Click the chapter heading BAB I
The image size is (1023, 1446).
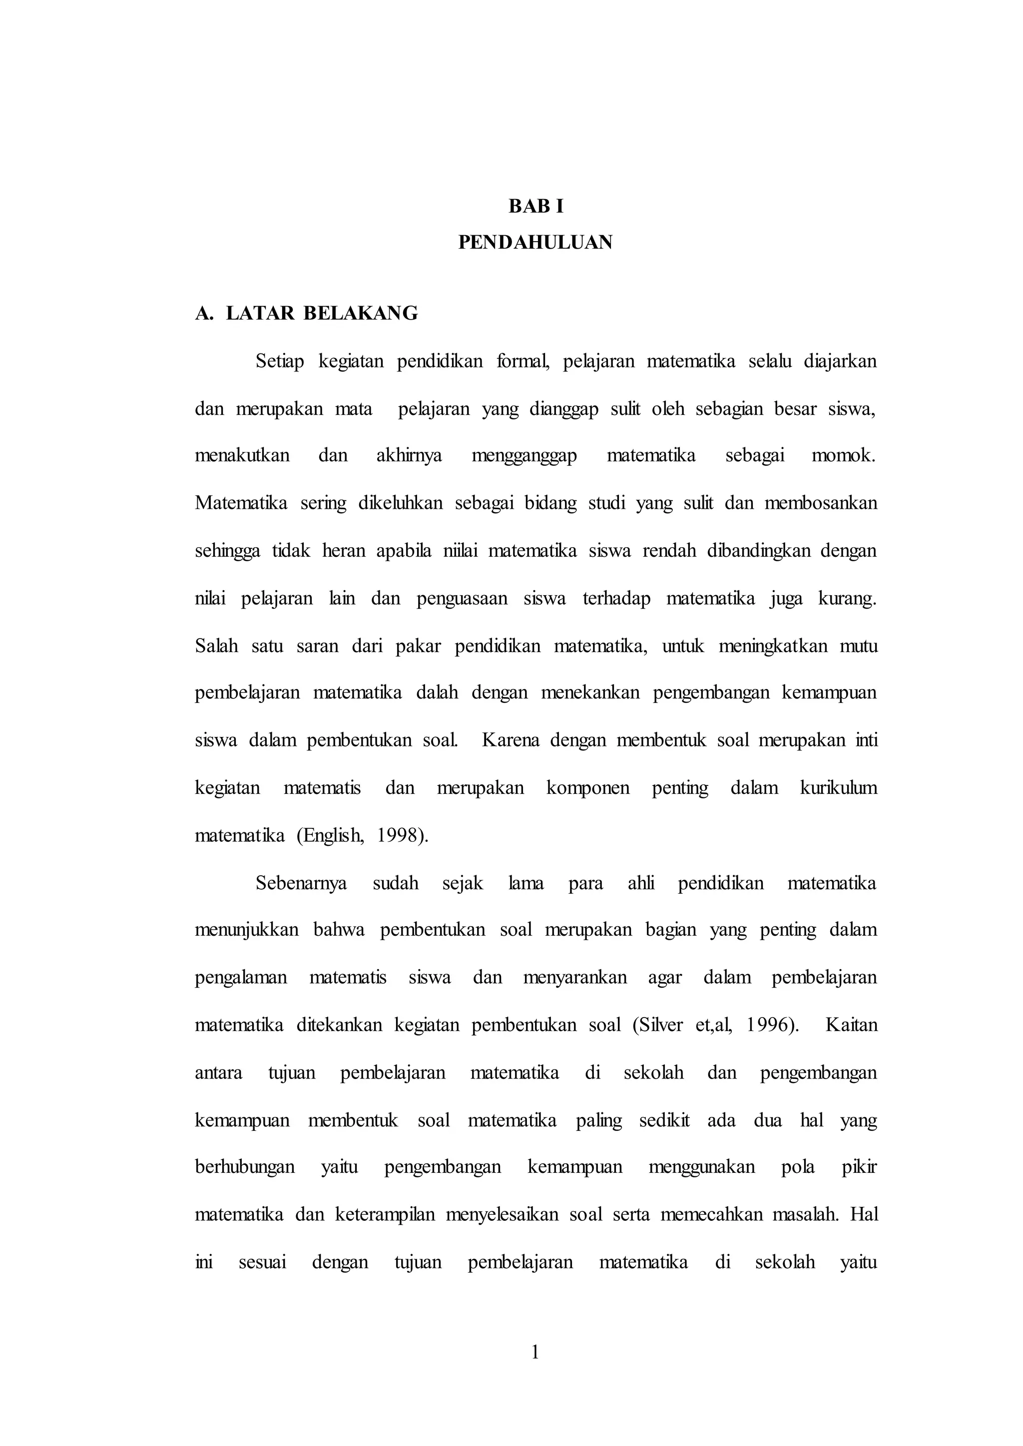pyautogui.click(x=535, y=207)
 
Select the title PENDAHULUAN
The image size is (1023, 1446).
pyautogui.click(x=535, y=243)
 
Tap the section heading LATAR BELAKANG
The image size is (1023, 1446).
pyautogui.click(x=321, y=313)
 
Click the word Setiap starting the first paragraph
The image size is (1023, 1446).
pyautogui.click(x=280, y=362)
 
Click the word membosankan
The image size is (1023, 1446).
pyautogui.click(x=820, y=503)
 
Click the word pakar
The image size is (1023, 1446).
pyautogui.click(x=418, y=646)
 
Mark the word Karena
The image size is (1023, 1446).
pyautogui.click(x=510, y=740)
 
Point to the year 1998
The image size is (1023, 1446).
pyautogui.click(x=401, y=836)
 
